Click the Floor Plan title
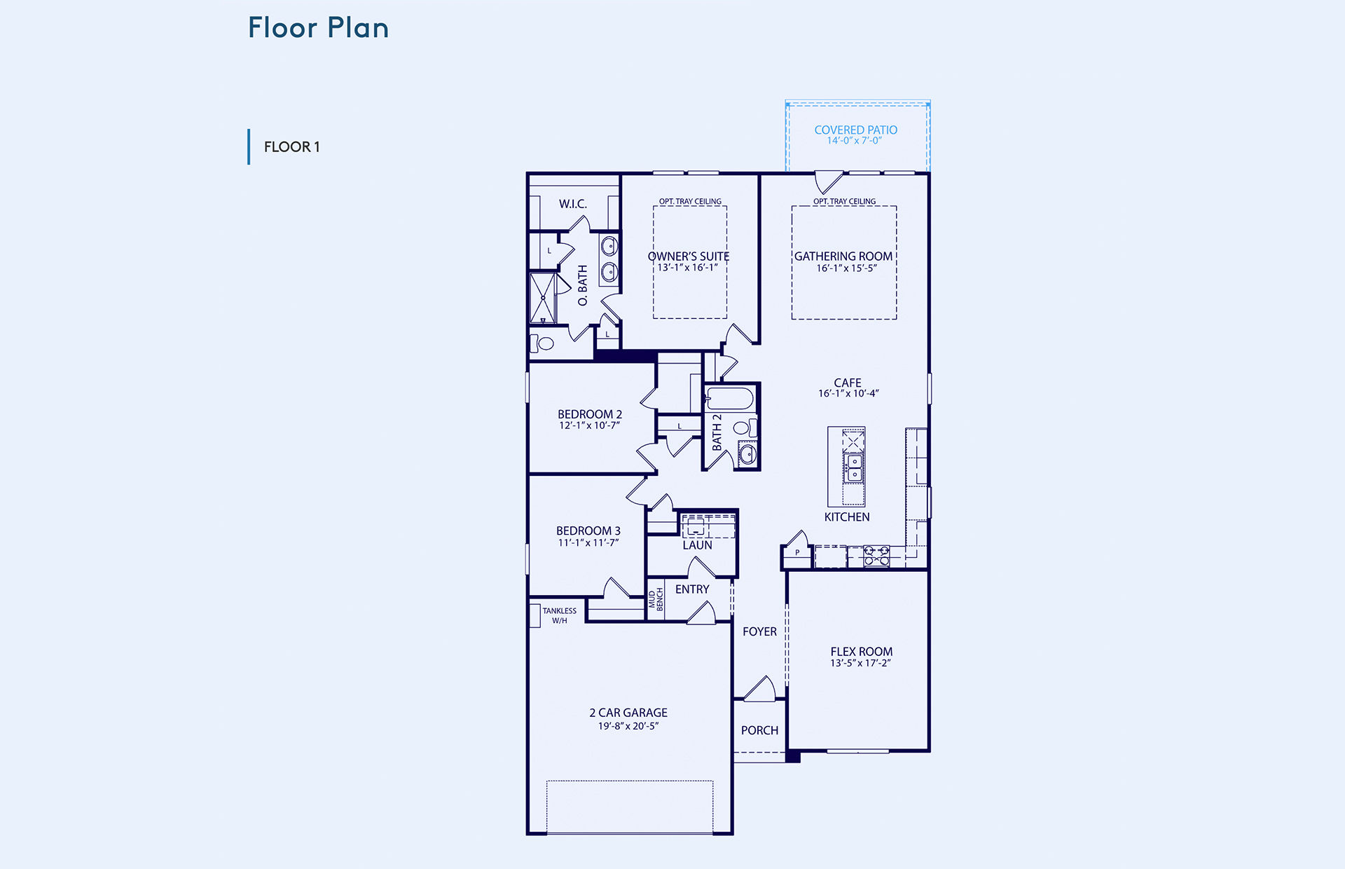[318, 28]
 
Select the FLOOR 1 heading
[292, 147]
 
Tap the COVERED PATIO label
[855, 130]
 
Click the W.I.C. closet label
[573, 204]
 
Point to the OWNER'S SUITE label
[689, 256]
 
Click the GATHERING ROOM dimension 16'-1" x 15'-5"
[846, 268]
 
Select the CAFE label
[848, 383]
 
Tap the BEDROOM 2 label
[590, 414]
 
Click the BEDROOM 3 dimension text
[588, 542]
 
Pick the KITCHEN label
[847, 517]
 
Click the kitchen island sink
[853, 467]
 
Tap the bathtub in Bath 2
[729, 399]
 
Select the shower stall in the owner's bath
[543, 298]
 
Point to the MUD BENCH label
[656, 600]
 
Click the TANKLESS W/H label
[560, 615]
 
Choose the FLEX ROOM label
[862, 652]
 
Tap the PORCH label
[759, 730]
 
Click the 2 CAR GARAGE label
[628, 713]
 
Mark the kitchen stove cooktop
[876, 556]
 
